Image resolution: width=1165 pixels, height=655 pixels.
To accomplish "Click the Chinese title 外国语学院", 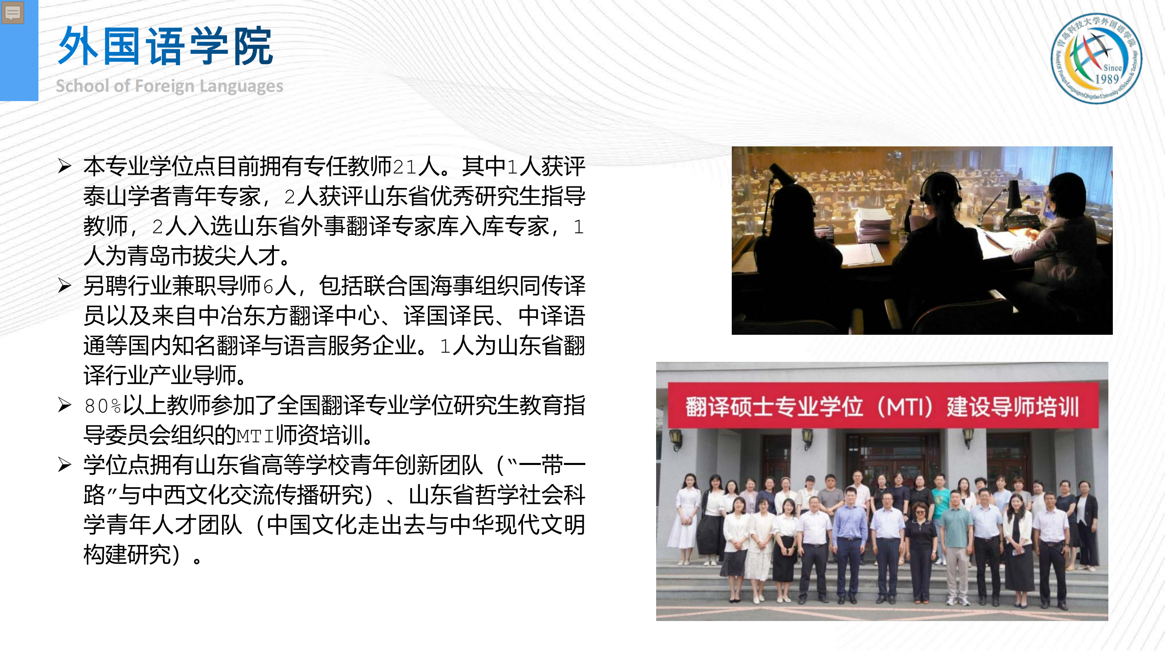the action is click(165, 46).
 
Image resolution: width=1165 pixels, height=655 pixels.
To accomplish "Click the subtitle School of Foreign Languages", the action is click(169, 86).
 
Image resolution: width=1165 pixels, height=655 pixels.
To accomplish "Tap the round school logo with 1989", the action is click(1096, 58).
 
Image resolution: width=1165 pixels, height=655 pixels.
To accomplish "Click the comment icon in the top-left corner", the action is click(13, 13).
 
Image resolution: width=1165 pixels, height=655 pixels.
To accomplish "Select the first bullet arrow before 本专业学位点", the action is click(65, 166).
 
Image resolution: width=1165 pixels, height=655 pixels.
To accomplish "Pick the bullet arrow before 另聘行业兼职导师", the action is click(65, 286).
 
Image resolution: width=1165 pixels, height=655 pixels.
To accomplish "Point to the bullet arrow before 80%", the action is click(65, 405).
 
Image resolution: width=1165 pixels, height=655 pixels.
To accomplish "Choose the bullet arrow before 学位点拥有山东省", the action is click(65, 465).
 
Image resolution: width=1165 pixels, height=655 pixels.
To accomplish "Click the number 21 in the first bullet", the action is click(405, 167).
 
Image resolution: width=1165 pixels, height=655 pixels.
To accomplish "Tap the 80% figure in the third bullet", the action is click(103, 406).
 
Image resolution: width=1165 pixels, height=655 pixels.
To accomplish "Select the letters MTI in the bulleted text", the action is click(256, 436).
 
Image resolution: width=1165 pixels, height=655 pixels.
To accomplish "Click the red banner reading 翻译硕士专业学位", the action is click(882, 406).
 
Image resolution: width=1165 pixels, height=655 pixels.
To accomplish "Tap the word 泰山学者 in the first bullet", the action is click(127, 196).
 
